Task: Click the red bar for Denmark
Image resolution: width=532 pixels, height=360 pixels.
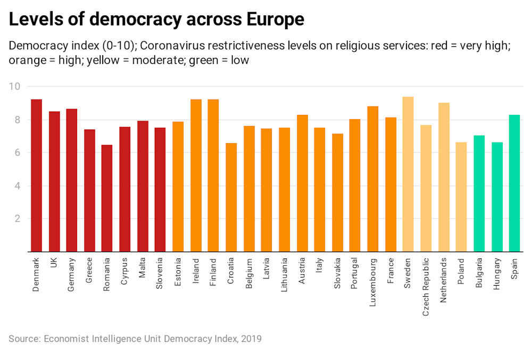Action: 36,175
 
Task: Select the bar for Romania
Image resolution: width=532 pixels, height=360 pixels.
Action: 107,198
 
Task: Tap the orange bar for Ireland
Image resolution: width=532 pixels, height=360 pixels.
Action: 196,175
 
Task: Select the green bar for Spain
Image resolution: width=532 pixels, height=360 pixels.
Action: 514,183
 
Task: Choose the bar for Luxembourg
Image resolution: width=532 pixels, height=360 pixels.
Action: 373,179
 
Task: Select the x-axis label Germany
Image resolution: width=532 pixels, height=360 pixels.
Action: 72,274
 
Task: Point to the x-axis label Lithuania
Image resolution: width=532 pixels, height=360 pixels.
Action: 284,277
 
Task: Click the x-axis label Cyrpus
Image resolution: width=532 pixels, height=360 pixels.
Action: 124,272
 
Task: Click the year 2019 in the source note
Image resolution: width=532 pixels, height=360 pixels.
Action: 251,338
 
